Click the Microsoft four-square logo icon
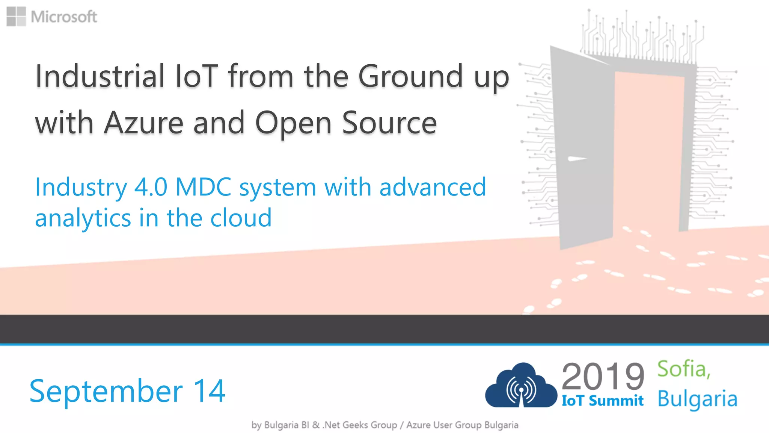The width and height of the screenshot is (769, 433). coord(16,17)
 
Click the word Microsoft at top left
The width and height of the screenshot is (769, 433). coord(64,17)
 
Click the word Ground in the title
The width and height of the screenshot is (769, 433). coord(410,76)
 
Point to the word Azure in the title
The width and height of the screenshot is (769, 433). coord(144,123)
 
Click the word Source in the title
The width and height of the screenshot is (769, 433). coord(389,123)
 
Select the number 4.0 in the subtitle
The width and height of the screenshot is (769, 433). coord(151,187)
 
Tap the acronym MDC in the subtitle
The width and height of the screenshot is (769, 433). coord(203,187)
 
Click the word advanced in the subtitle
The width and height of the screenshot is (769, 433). coord(433,187)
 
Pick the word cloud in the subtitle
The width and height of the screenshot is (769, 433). coord(241,218)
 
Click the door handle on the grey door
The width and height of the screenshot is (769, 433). coord(576,159)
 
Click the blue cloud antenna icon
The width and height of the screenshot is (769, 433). coord(521,387)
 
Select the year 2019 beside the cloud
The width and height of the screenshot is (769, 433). coord(603,377)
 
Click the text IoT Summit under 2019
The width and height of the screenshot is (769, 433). coord(602,401)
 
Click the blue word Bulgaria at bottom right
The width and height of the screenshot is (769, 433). coord(697,399)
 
